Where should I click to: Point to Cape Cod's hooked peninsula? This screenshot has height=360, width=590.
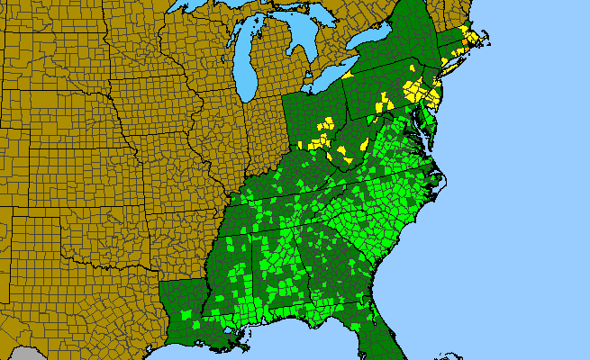pyautogui.click(x=487, y=39)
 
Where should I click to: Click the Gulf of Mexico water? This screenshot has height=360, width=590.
pyautogui.click(x=288, y=346)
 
